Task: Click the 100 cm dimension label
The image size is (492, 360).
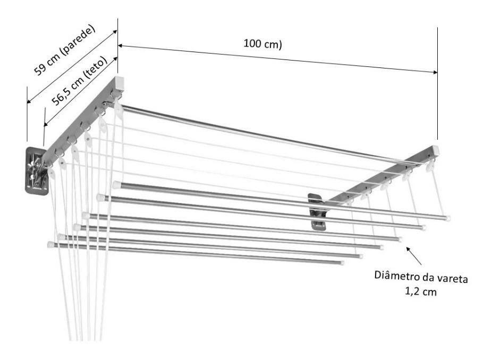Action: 262,44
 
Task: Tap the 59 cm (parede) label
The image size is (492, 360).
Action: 65,50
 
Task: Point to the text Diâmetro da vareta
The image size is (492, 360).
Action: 421,277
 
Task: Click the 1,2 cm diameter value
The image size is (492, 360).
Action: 421,292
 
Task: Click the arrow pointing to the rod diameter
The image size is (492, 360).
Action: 414,255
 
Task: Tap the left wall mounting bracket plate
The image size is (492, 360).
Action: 37,170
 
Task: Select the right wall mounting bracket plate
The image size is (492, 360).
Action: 317,212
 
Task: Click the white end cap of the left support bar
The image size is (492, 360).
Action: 119,83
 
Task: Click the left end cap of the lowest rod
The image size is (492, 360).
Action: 51,245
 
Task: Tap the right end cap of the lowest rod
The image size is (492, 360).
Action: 342,263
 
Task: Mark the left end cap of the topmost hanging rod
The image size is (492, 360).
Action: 116,185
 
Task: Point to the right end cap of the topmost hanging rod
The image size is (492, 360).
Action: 447,218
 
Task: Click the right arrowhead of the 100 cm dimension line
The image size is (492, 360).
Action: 435,72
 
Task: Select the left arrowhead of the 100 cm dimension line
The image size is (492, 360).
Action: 121,46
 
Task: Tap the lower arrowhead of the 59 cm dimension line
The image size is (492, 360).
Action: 29,101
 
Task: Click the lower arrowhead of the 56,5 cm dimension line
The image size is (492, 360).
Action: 46,124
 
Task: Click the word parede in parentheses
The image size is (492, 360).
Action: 79,41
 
